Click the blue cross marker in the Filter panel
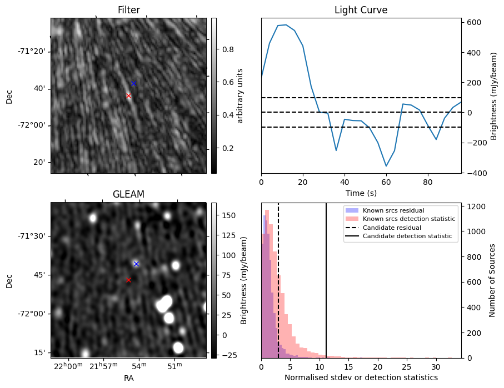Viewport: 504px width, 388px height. pos(133,83)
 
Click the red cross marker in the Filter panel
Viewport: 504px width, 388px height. pos(128,95)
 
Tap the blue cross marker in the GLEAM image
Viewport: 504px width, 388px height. pos(136,264)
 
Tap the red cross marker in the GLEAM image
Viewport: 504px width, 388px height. pos(128,280)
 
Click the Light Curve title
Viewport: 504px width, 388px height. pos(361,10)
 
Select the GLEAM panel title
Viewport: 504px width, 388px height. pos(128,194)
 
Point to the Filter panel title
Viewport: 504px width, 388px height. pos(128,10)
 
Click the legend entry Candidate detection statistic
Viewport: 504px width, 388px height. pos(407,236)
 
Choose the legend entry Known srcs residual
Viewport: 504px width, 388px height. pos(393,210)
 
